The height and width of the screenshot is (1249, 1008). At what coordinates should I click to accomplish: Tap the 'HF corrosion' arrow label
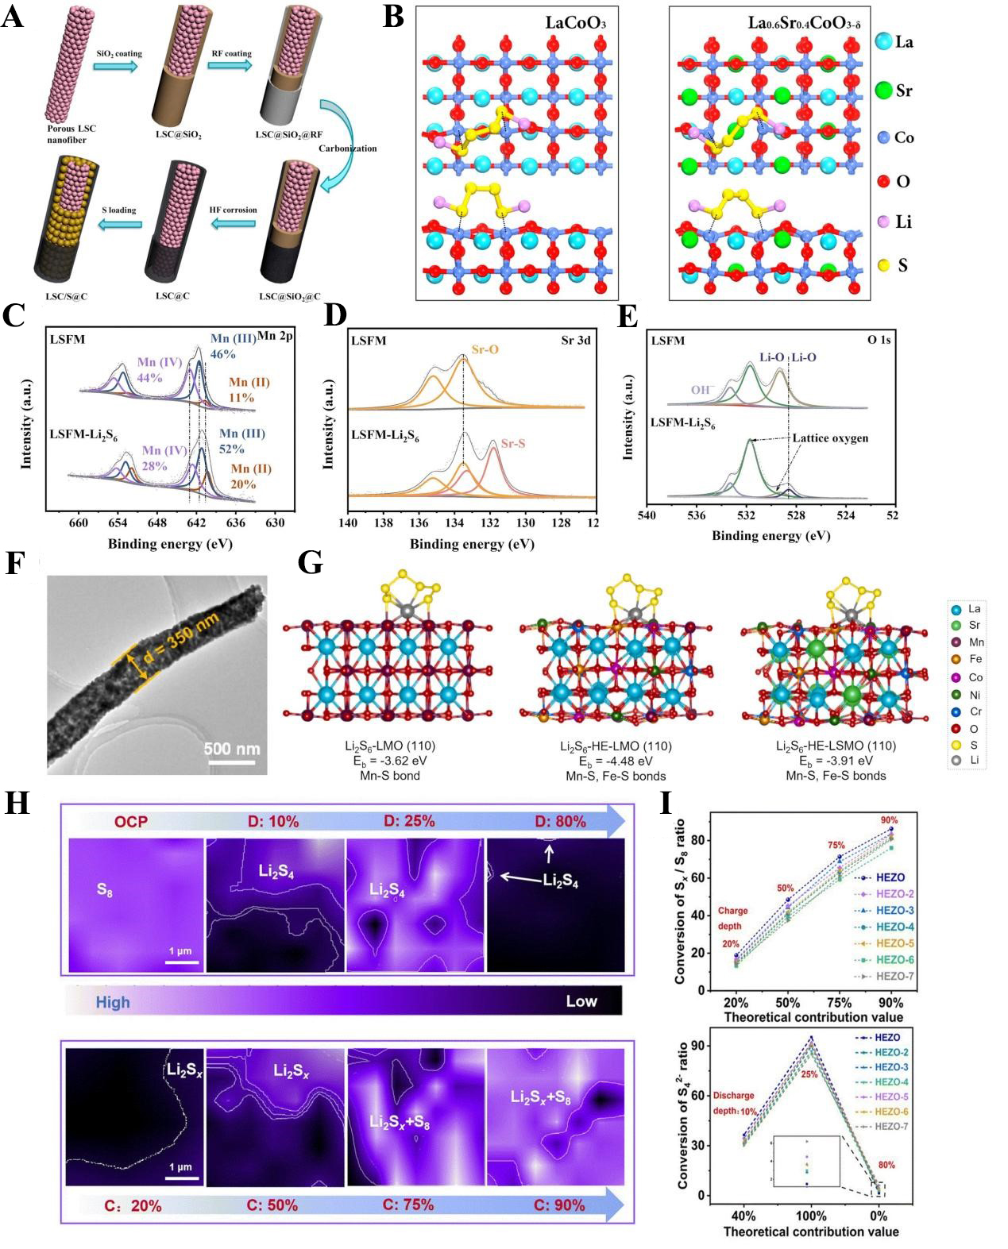pos(233,210)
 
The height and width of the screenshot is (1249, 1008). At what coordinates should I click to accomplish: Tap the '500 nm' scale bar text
pos(231,748)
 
